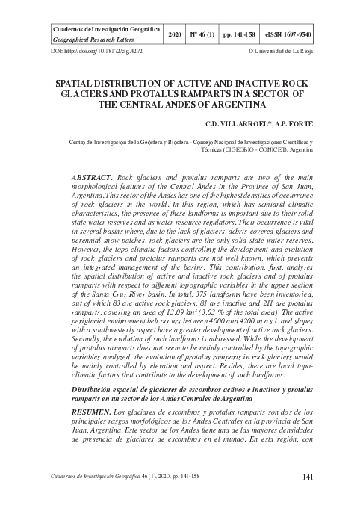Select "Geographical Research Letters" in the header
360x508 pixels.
pos(89,42)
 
